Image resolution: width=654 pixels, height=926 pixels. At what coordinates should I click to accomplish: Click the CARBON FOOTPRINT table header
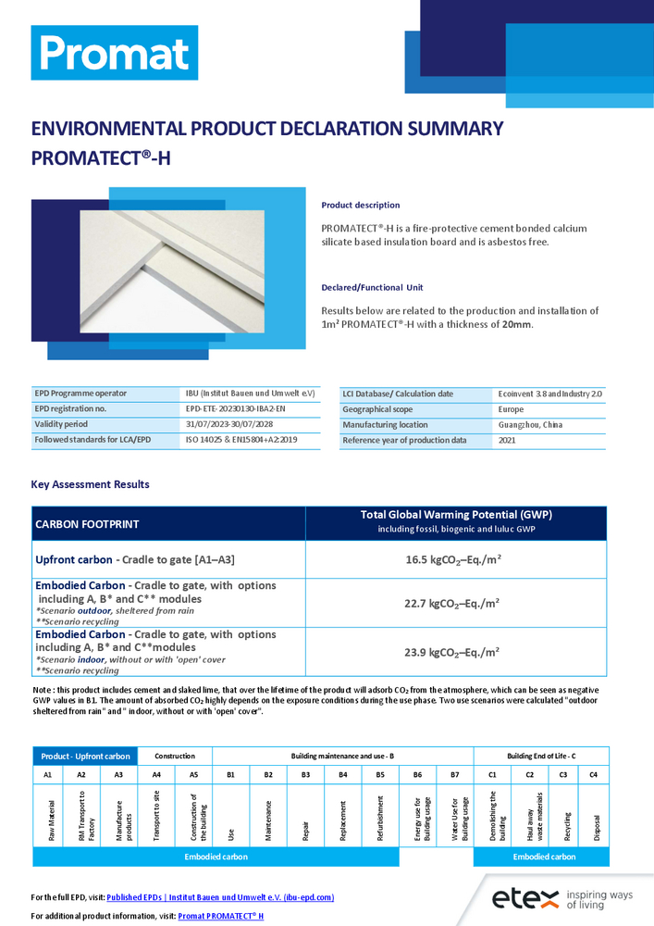87,524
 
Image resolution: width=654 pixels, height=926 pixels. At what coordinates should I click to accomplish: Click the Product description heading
360,205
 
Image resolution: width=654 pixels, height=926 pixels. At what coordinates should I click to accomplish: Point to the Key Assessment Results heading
90,484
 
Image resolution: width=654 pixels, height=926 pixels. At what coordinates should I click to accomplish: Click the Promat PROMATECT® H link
221,916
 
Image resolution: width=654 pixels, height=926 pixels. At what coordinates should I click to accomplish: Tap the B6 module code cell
417,773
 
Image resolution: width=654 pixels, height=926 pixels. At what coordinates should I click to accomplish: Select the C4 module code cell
593,773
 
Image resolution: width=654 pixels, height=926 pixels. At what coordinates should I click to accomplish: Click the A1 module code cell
47,773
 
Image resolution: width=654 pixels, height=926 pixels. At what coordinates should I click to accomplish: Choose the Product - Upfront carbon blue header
84,757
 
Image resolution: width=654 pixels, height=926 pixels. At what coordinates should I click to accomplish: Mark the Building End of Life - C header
541,757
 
